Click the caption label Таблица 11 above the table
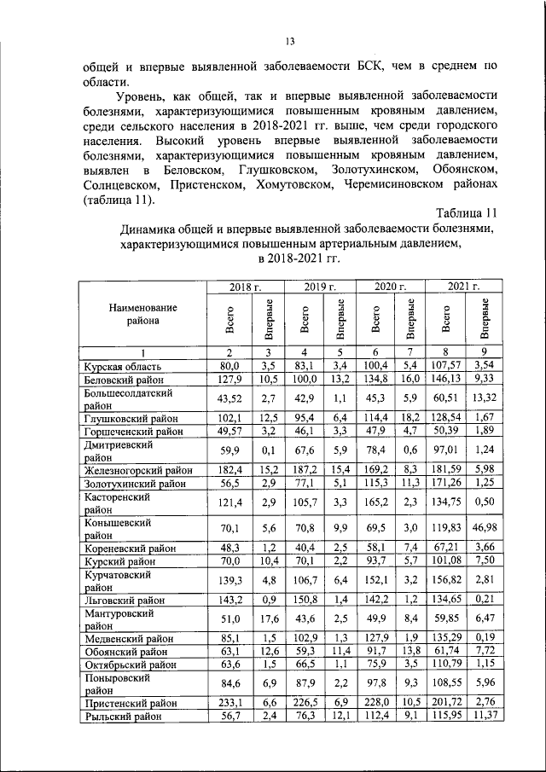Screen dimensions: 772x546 (466, 212)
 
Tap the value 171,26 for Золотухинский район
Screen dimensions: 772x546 (444, 483)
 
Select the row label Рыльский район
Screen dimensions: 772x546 (120, 717)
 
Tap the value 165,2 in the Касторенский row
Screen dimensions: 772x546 (376, 502)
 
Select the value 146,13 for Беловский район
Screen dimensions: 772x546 (444, 378)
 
